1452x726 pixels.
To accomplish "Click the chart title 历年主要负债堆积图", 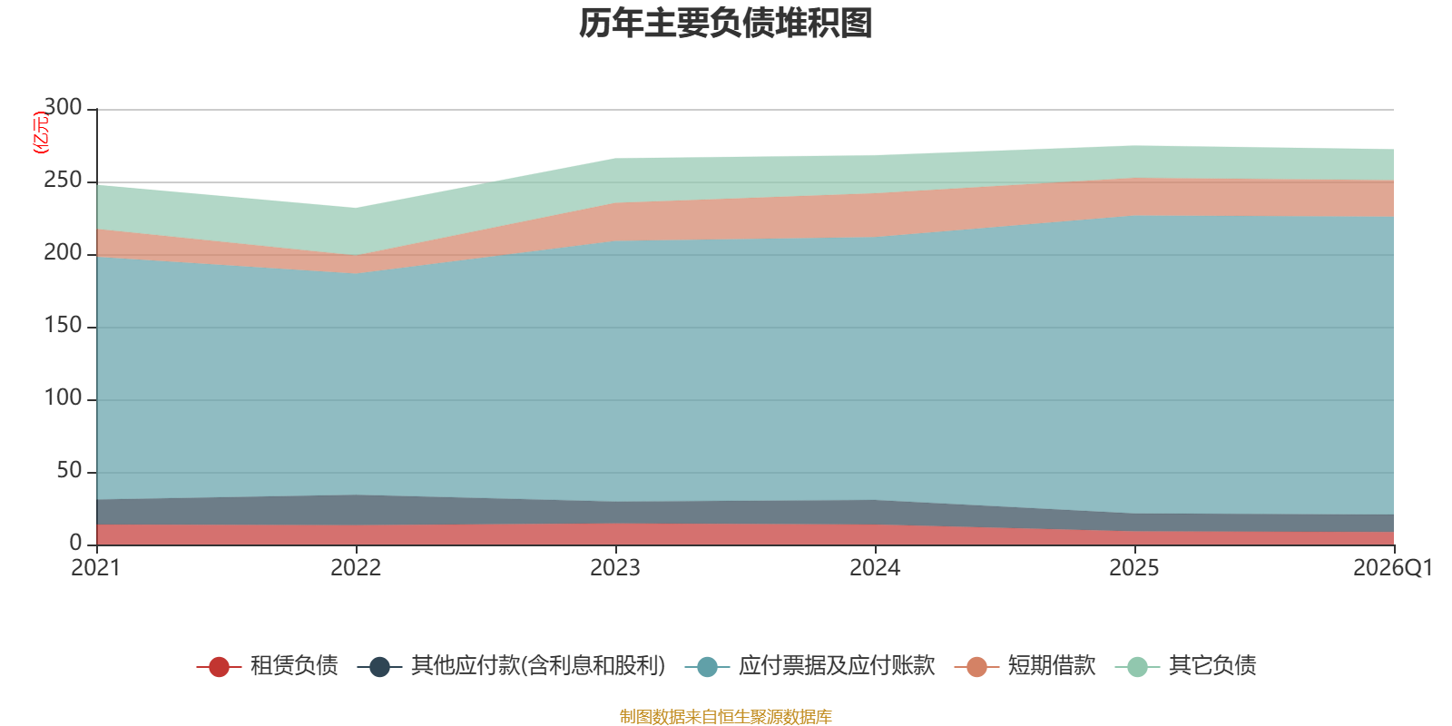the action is click(725, 24).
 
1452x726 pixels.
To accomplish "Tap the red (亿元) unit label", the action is click(40, 132).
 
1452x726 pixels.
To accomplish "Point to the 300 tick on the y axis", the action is click(63, 107).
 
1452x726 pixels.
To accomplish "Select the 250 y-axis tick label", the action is click(63, 180).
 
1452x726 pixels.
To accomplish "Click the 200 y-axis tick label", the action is click(63, 252).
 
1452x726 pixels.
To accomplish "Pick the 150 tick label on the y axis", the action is click(63, 325).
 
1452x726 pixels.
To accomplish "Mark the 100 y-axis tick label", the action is click(63, 397).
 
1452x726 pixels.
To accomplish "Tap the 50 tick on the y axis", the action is click(69, 470).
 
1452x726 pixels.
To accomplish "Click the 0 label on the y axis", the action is click(76, 543).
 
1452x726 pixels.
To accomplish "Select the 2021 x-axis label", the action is click(96, 568).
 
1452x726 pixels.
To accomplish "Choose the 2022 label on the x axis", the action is click(356, 568).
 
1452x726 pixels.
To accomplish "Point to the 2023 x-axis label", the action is click(615, 568).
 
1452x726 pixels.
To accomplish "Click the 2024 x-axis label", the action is click(875, 568).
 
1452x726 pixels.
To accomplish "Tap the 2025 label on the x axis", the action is click(1134, 568).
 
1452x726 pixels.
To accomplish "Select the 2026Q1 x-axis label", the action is click(1393, 568).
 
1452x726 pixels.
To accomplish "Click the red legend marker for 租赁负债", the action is click(219, 666).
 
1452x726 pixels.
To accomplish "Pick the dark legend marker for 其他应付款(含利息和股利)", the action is click(380, 666).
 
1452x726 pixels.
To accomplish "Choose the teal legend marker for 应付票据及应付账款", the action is click(707, 666).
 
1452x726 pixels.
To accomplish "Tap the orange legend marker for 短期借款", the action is click(976, 666).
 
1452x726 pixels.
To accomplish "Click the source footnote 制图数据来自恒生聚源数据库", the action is click(725, 716).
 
